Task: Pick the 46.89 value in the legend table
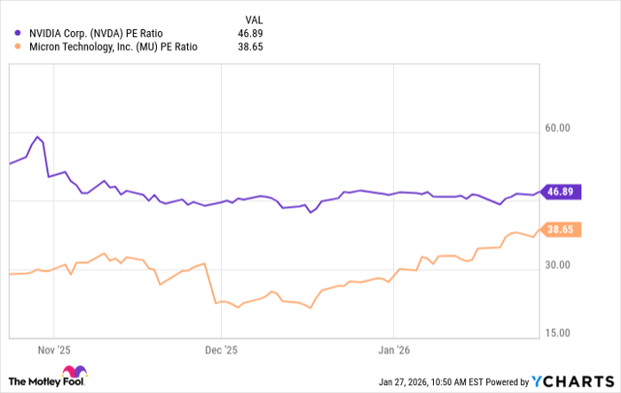point(250,33)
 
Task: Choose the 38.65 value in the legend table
point(250,48)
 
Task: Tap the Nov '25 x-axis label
point(53,350)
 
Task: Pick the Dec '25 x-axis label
point(222,350)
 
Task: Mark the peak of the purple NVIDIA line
point(37,138)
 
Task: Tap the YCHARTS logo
point(571,381)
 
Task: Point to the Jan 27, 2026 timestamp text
point(454,381)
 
